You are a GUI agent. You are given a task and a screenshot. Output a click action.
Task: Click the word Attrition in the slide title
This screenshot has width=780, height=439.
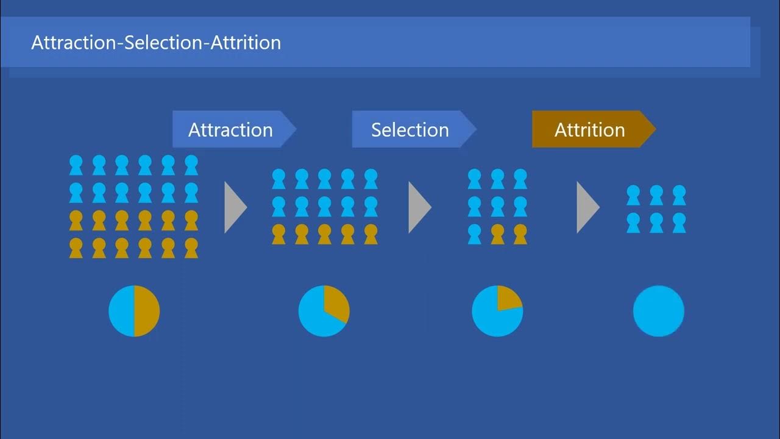pos(246,43)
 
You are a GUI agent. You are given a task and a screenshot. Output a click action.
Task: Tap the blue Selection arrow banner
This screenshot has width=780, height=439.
pos(410,129)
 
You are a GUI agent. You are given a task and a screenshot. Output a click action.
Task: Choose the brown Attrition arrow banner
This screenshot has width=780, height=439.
pos(589,129)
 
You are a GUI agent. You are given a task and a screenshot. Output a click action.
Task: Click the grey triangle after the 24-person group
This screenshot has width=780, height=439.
pos(234,207)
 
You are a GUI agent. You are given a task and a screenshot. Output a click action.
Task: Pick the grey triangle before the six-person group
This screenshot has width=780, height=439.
pos(586,207)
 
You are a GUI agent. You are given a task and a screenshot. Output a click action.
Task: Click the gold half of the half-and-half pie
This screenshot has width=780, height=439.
pos(147,311)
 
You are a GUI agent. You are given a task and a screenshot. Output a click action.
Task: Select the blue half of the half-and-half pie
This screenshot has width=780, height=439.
pos(121,311)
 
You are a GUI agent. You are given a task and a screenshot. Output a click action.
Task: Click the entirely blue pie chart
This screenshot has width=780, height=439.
pos(658,311)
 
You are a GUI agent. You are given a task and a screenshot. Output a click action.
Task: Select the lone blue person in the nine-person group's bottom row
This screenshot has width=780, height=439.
pos(475,234)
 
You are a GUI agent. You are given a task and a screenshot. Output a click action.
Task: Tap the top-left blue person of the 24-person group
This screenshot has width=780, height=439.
pos(76,165)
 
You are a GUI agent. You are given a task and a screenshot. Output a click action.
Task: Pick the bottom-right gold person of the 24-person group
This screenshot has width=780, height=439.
pos(191,248)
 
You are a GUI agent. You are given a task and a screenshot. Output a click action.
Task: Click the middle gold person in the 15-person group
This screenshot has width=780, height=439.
pos(325,234)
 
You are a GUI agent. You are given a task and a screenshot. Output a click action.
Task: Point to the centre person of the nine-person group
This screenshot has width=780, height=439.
pos(498,207)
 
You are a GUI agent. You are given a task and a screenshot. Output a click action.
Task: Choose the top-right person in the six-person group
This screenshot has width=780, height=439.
pos(679,195)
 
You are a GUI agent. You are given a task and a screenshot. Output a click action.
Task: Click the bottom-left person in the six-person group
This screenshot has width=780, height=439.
pos(633,223)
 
